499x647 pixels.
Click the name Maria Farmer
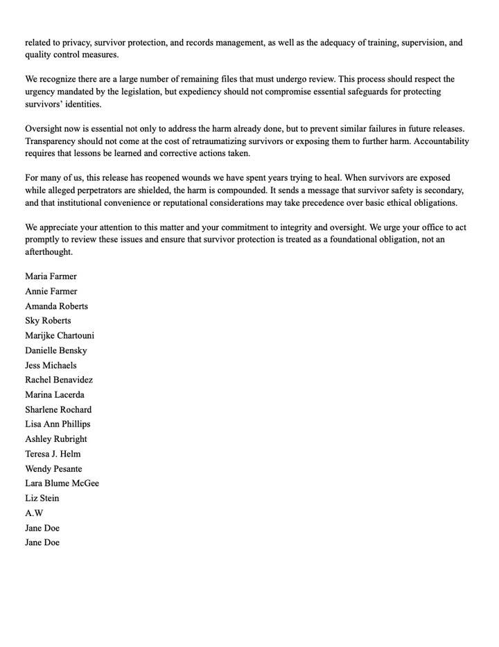pos(51,276)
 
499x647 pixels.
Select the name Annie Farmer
pos(51,292)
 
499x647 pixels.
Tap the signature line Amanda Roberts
pos(56,306)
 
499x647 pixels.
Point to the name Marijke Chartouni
pos(60,336)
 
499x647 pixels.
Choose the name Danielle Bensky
pos(56,351)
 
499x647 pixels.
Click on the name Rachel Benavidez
pos(59,380)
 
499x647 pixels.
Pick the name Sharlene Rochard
pos(58,410)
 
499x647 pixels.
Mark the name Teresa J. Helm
pos(53,454)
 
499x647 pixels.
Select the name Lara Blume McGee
pos(62,484)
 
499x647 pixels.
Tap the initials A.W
pos(34,513)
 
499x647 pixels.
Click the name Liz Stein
pos(42,499)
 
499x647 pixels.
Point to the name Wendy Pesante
pos(53,469)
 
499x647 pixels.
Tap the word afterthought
pos(49,252)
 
